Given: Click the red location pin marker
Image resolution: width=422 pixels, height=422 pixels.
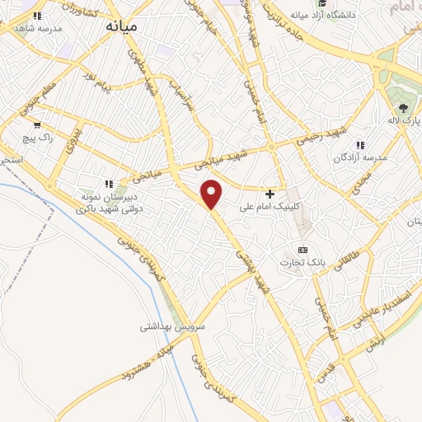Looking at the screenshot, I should click(x=213, y=195).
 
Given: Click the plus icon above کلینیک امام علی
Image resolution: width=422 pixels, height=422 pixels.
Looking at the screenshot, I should click(x=270, y=193).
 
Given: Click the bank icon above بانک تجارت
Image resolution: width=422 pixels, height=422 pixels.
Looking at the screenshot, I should click(x=302, y=249).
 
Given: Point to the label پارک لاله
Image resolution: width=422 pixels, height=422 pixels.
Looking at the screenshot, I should click(x=405, y=121).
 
